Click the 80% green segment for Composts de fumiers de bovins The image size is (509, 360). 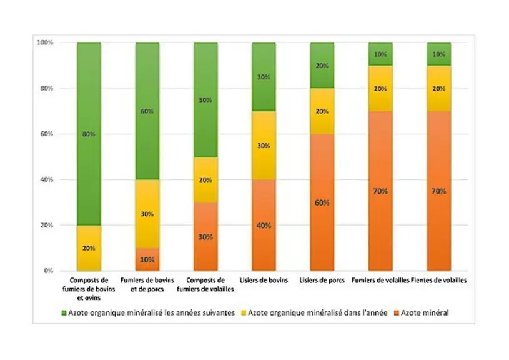click(x=89, y=134)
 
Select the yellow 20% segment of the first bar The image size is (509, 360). click(x=89, y=248)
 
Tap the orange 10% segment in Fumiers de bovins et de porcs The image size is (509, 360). click(x=147, y=259)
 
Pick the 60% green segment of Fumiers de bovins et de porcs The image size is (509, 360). click(x=147, y=111)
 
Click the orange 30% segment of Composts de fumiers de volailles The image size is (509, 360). click(x=205, y=237)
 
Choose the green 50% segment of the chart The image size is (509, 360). click(x=205, y=100)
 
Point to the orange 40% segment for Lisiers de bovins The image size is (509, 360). click(x=264, y=225)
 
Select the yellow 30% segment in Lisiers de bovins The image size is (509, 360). click(x=264, y=146)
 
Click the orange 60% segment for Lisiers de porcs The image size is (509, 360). click(x=322, y=202)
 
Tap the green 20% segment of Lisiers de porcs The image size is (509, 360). click(x=322, y=65)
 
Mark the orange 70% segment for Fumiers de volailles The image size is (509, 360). click(x=380, y=191)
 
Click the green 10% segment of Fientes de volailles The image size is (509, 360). click(x=439, y=54)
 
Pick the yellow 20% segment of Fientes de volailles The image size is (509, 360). click(x=439, y=88)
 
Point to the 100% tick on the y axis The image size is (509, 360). click(x=45, y=42)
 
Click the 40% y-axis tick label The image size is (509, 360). click(x=46, y=179)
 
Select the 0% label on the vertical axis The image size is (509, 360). click(x=48, y=271)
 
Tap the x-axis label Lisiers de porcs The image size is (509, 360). click(x=322, y=281)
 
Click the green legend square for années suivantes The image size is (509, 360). click(x=64, y=313)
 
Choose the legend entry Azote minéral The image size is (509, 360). click(x=421, y=313)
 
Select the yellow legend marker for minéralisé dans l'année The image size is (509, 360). click(x=244, y=313)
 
